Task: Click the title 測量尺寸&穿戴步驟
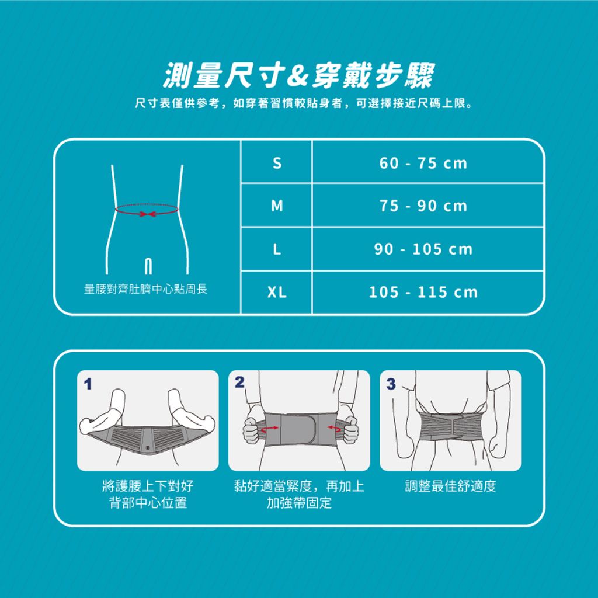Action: coord(298,75)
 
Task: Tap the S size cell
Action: coord(277,163)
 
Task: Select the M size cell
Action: coord(277,206)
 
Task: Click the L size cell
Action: coord(277,249)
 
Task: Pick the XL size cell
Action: coord(277,292)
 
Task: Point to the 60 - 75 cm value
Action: coord(423,164)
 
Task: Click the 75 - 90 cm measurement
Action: coord(423,206)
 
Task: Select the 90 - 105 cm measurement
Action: coord(423,249)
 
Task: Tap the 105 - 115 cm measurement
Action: coord(423,292)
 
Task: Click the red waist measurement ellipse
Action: coord(147,205)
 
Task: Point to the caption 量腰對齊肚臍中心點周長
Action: coord(145,289)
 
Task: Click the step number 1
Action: coord(88,384)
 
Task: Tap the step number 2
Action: coord(239,382)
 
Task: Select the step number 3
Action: coord(391,384)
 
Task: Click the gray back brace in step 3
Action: coord(451,425)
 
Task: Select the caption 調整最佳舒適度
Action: coord(450,486)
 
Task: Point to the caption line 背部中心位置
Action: coord(148,503)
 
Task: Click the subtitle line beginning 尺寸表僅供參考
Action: coord(304,103)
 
